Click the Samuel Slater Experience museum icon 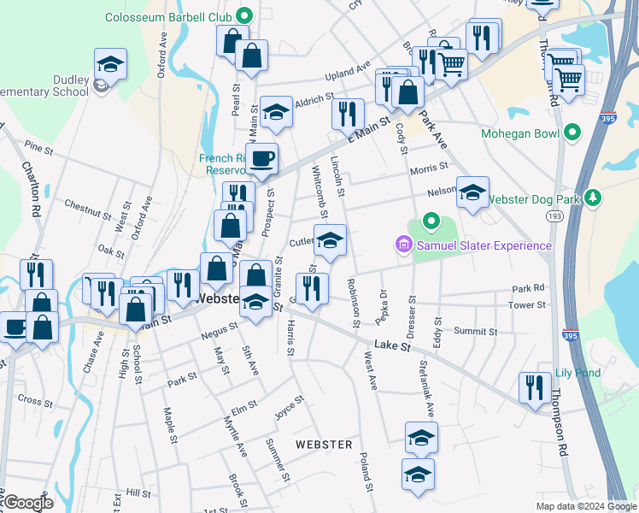pos(404,246)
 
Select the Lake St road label pos(395,346)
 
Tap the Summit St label pos(476,331)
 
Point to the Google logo pos(28,503)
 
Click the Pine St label pos(39,148)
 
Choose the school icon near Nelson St pos(472,192)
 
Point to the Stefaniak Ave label pos(425,392)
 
